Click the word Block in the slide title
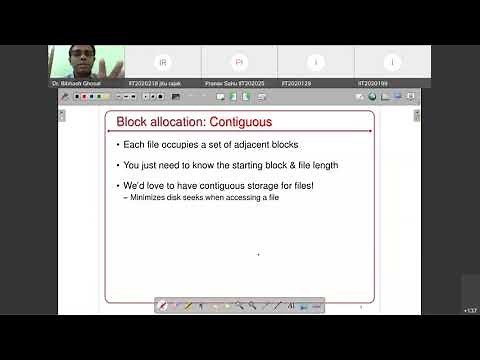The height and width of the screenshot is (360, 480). pos(131,123)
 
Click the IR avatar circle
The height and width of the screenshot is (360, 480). pos(164,62)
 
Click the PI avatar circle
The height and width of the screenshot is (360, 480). pos(240,62)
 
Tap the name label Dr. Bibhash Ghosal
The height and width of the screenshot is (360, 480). pos(75,84)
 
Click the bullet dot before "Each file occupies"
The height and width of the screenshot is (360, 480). pos(119,146)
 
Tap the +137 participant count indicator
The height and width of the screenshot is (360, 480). pos(470,311)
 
